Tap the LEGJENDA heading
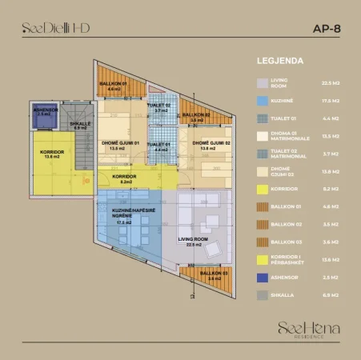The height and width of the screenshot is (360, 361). point(279,60)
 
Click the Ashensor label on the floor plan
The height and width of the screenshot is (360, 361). point(42,112)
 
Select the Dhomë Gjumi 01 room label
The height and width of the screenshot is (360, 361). point(120,146)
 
